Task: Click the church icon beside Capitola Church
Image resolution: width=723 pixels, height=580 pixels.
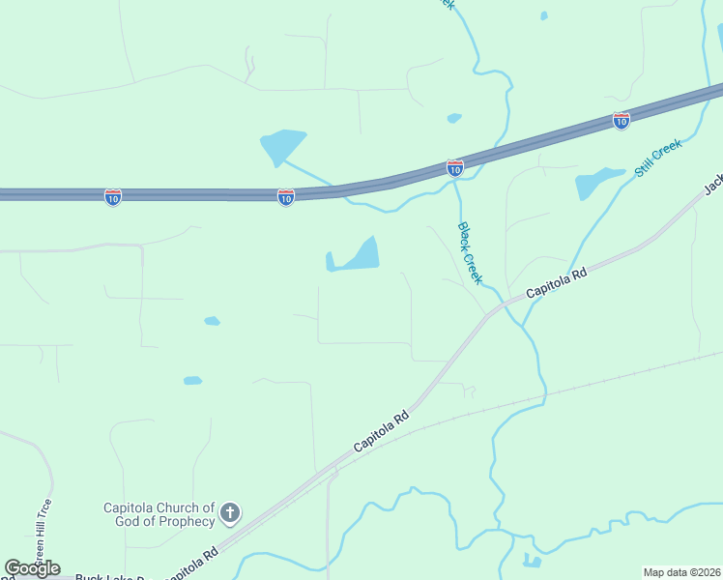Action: click(229, 513)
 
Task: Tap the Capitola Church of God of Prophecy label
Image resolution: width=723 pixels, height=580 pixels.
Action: click(159, 514)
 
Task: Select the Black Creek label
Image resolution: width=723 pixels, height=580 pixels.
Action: click(469, 253)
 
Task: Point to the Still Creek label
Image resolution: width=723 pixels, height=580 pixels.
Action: click(658, 158)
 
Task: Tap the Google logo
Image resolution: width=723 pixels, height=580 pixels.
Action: click(32, 568)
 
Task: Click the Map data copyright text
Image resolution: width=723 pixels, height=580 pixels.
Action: click(681, 572)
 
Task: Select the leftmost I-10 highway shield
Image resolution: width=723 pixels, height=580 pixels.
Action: click(113, 198)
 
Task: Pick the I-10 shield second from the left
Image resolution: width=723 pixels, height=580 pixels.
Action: click(286, 197)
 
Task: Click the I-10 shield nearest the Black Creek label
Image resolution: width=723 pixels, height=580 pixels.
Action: click(455, 168)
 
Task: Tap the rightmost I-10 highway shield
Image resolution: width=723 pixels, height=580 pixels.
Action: click(622, 121)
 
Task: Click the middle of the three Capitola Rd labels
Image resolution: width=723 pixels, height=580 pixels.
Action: click(381, 432)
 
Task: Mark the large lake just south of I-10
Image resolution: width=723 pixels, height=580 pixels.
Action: click(356, 256)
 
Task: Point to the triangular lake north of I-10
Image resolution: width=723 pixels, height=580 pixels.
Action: click(281, 146)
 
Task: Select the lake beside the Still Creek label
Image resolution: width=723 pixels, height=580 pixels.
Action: click(596, 182)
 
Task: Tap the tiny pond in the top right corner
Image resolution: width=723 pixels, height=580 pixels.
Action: click(544, 15)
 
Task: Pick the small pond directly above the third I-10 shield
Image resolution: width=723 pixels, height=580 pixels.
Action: click(454, 118)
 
